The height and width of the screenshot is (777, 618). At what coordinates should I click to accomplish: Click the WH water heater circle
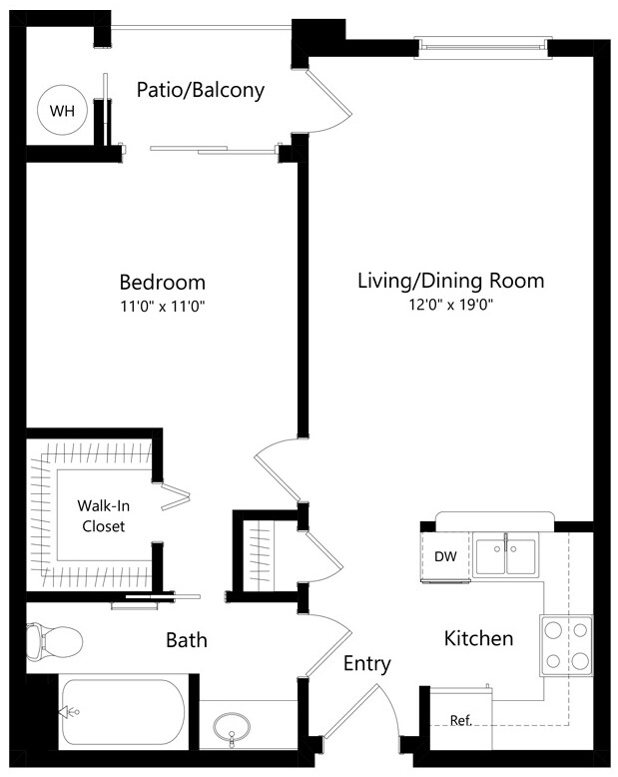[x=62, y=111]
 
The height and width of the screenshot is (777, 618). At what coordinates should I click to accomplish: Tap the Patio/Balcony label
[x=200, y=90]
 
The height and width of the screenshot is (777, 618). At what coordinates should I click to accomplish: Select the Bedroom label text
[x=162, y=282]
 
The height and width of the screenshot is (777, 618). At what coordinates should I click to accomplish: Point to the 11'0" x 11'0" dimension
[x=162, y=305]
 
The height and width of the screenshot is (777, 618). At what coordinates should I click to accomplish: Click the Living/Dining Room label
[x=450, y=281]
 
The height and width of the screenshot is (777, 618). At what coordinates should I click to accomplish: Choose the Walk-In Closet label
[x=103, y=515]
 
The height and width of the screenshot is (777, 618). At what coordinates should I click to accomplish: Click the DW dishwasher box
[x=444, y=556]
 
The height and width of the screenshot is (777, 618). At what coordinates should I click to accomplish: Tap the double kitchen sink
[x=505, y=556]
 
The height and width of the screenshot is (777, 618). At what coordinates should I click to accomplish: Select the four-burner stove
[x=566, y=644]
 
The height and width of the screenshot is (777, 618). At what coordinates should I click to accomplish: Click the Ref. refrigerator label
[x=460, y=720]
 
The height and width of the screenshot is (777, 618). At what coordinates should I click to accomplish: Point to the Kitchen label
[x=478, y=638]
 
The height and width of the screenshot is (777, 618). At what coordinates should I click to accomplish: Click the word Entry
[x=367, y=664]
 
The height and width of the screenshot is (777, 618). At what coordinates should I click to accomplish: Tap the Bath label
[x=187, y=639]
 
